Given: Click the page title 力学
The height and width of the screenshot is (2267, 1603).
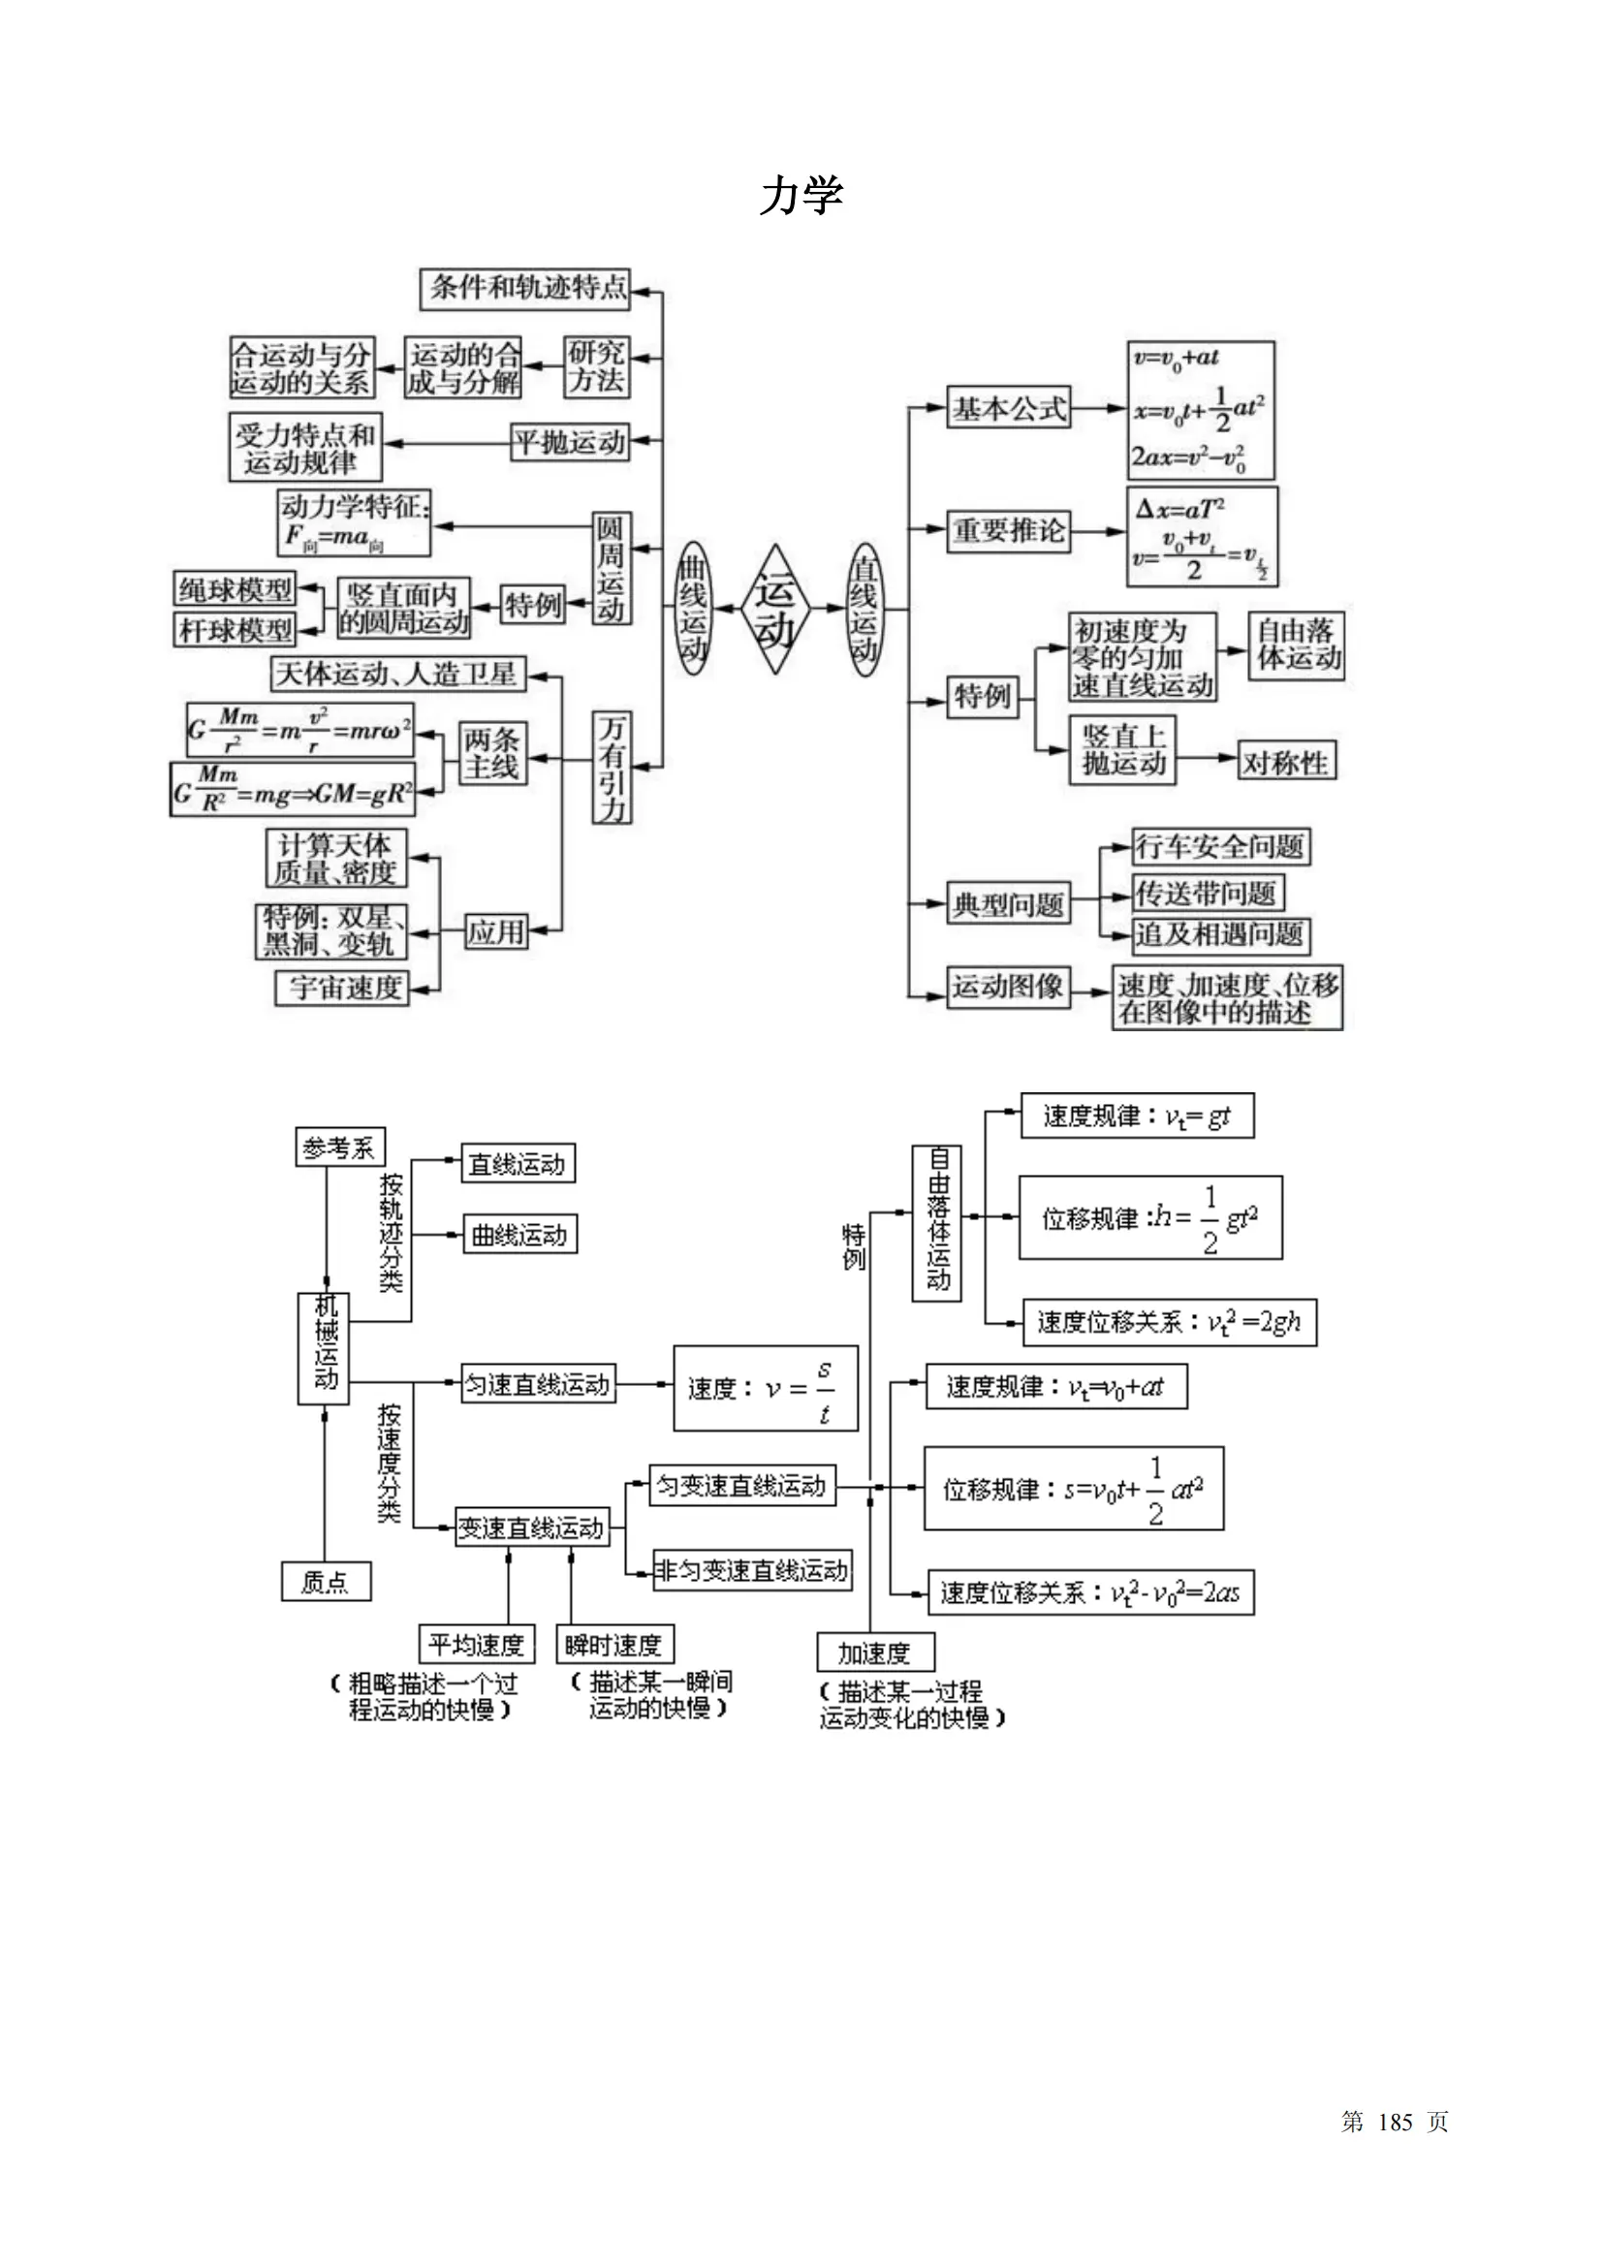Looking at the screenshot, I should pos(801,196).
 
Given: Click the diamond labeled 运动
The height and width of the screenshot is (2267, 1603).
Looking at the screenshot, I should pos(775,610).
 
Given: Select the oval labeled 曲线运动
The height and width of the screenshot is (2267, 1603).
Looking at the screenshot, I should pos(693,609).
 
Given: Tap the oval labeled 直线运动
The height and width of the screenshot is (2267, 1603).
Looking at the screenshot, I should pos(864,609).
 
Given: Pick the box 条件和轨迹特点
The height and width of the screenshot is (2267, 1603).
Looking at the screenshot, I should pos(524,288).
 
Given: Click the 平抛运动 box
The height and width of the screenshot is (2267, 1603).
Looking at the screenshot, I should pos(571,441).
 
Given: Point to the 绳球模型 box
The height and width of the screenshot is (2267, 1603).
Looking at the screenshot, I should pos(235,589).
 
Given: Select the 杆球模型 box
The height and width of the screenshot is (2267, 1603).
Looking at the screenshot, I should pos(235,629).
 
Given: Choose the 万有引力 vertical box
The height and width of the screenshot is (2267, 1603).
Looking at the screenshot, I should pos(612,768).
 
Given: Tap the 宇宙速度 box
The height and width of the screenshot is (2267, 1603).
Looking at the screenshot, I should pos(341,987).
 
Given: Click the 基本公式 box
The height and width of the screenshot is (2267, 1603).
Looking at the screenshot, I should pos(1008,407).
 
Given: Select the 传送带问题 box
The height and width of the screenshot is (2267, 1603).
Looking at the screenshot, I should pos(1207,893).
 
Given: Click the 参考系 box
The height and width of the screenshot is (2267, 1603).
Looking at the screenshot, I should pos(339,1148).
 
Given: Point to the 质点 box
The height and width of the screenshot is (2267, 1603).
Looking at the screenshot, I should pos(326,1582).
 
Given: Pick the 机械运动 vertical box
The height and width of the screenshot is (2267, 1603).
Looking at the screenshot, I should pos(324,1348).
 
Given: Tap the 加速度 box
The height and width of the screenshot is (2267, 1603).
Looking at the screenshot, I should pos(874,1652).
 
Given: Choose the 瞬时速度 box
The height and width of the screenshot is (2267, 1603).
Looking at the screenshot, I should pos(613,1644).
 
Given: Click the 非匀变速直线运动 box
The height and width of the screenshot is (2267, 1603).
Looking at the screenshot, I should pos(751,1570).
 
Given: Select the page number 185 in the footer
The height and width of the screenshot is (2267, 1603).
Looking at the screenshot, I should pos(1395,2122).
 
